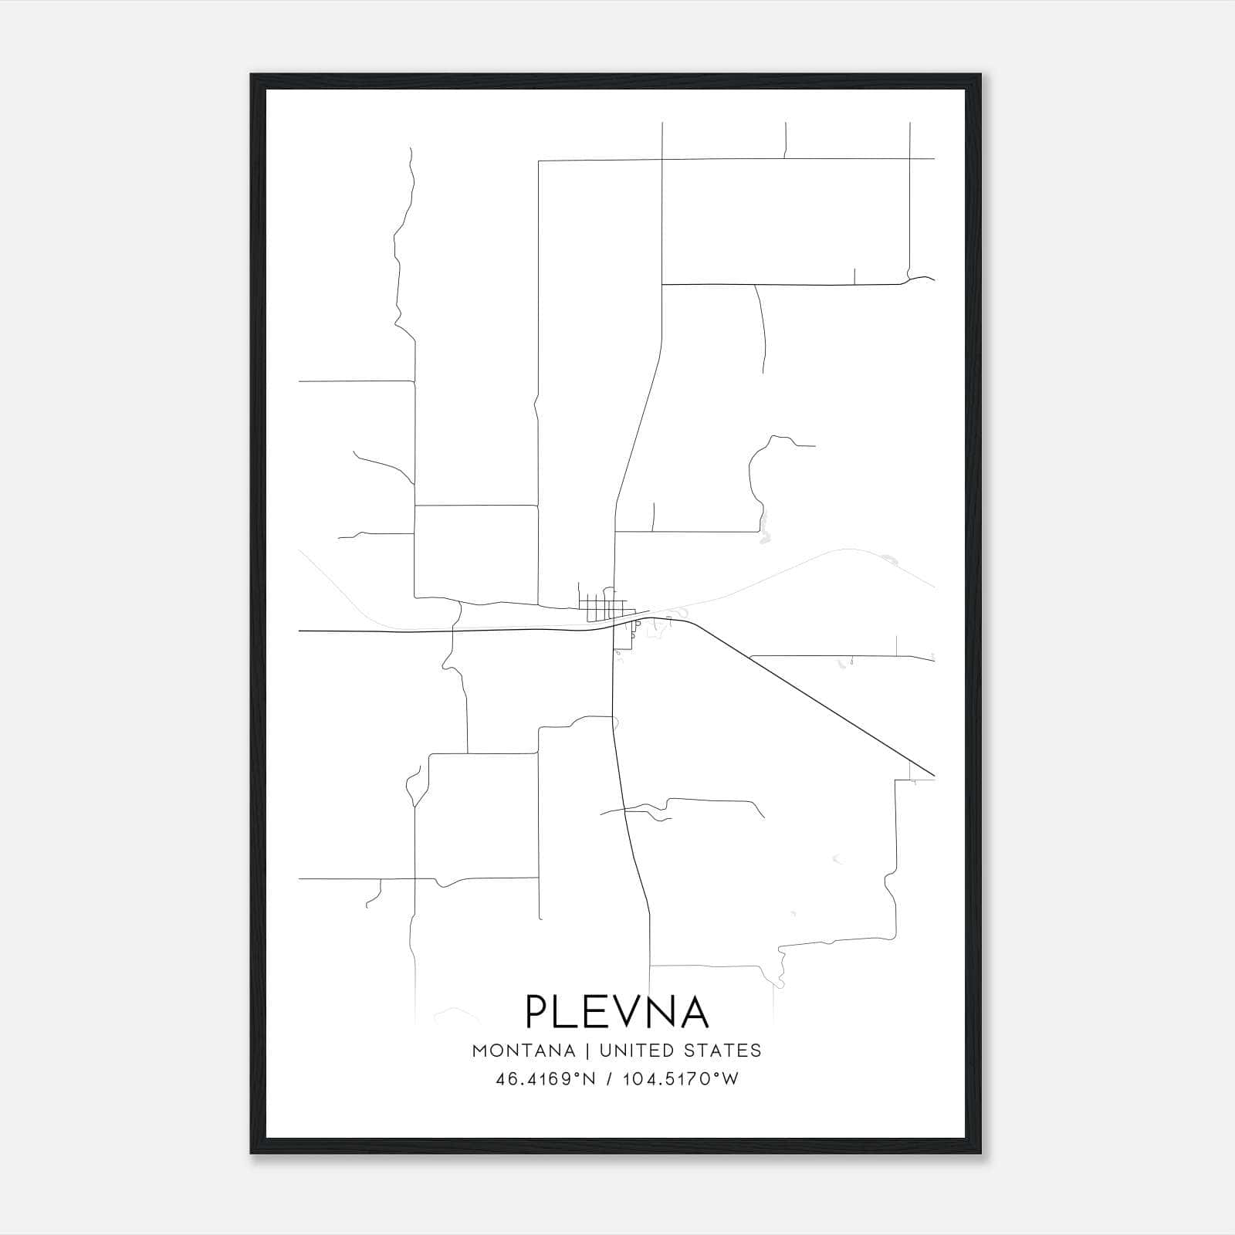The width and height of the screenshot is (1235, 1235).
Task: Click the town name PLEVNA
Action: pyautogui.click(x=617, y=1011)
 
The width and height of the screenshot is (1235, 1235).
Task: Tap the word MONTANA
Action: pyautogui.click(x=523, y=1051)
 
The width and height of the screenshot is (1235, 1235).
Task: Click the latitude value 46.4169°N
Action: pyautogui.click(x=546, y=1079)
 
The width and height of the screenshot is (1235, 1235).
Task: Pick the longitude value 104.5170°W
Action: pyautogui.click(x=680, y=1079)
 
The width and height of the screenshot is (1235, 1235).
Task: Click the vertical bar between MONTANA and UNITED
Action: pyautogui.click(x=587, y=1051)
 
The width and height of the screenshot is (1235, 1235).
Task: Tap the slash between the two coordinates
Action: pyautogui.click(x=610, y=1079)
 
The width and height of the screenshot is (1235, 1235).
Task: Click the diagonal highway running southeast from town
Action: pyautogui.click(x=810, y=695)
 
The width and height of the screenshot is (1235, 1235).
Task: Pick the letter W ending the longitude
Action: pyautogui.click(x=731, y=1079)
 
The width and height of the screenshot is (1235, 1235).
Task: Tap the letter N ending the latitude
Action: pyautogui.click(x=590, y=1079)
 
